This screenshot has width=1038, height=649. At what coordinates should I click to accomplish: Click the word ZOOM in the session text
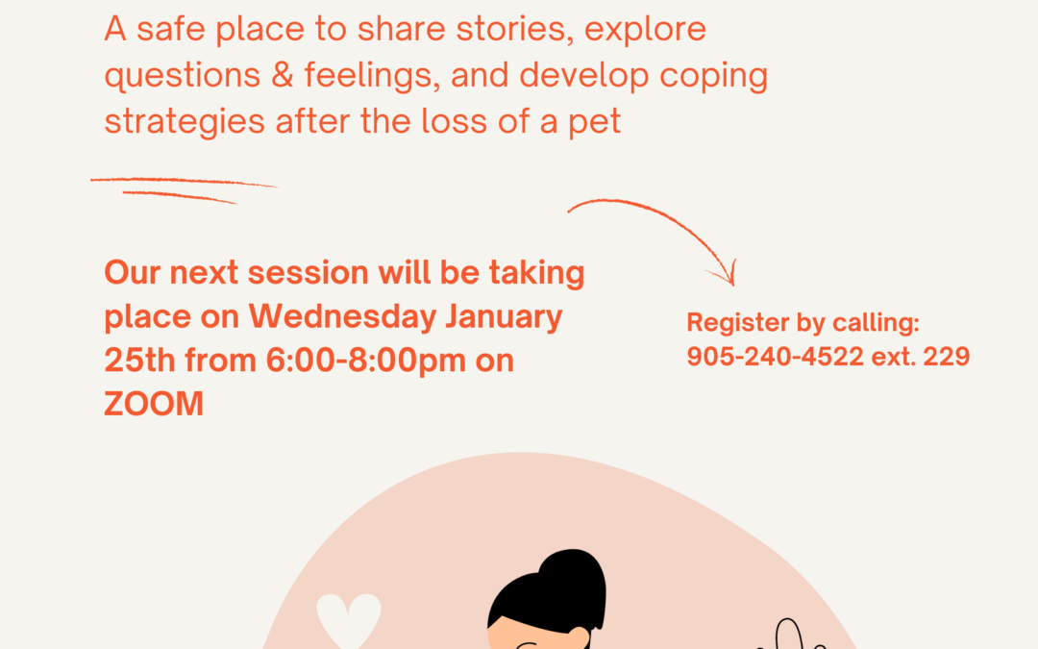[x=154, y=403]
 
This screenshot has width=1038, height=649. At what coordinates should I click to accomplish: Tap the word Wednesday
[x=342, y=317]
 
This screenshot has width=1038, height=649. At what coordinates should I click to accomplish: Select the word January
[x=504, y=317]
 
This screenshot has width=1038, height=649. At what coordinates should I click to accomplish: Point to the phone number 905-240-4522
[x=776, y=357]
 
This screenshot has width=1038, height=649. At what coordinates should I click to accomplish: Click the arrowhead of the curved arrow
[x=727, y=275]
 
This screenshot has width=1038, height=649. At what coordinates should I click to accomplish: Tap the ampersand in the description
[x=282, y=75]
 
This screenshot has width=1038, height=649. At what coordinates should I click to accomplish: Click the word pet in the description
[x=595, y=123]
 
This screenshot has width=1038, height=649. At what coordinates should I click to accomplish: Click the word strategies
[x=185, y=123]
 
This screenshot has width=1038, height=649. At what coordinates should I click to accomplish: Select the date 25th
[x=139, y=361]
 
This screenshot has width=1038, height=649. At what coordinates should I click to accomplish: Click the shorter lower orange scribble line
[x=180, y=197]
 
